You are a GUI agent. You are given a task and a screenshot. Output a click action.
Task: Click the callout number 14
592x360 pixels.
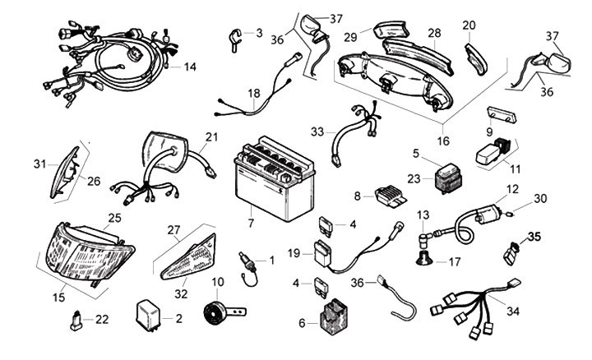[x=190, y=66]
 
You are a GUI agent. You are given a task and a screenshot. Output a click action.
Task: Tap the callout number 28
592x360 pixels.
[x=433, y=34]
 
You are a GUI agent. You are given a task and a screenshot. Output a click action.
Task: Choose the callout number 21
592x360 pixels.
[x=212, y=136]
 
